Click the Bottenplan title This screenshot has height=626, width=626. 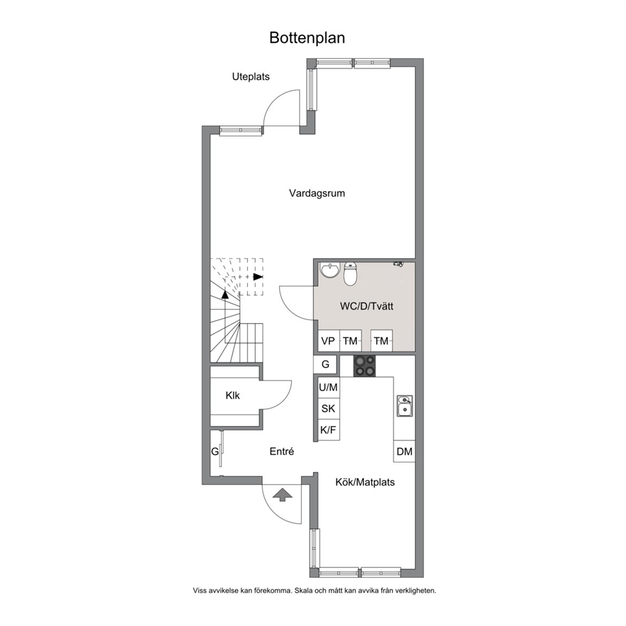[307, 38]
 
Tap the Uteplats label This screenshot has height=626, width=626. [251, 76]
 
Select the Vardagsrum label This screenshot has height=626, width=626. [317, 193]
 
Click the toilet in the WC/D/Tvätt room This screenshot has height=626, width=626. [350, 274]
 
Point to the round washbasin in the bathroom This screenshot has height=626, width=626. [330, 270]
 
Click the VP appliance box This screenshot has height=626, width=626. [328, 341]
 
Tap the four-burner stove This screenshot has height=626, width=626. [365, 366]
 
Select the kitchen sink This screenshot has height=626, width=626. [405, 406]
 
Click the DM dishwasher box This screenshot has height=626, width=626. [405, 452]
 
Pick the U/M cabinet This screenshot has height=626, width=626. [329, 387]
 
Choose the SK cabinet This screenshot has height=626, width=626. [329, 408]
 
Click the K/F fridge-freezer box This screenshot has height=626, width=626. [329, 430]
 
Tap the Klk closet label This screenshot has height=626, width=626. [233, 396]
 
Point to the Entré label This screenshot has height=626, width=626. [282, 452]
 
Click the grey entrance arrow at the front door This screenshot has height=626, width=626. [282, 495]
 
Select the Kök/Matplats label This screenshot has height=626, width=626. [365, 482]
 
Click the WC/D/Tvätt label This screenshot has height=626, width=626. [367, 306]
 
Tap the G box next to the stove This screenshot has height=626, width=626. [326, 364]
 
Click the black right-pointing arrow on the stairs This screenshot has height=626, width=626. [258, 276]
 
